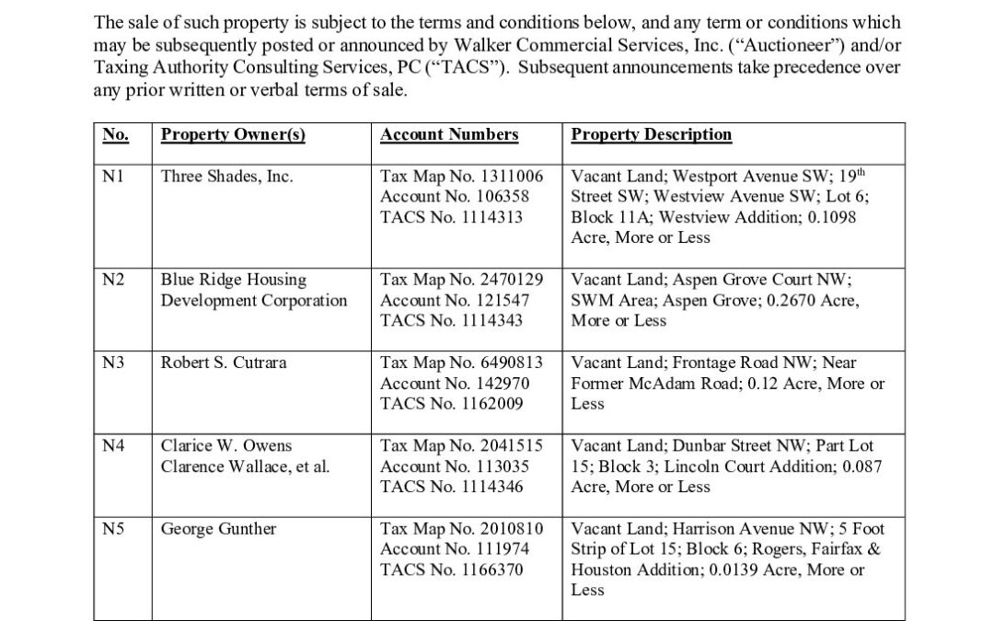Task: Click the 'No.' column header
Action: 115,135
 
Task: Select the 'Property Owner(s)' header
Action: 233,135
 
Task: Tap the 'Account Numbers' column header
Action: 449,135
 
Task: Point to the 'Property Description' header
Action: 652,135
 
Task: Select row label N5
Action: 114,529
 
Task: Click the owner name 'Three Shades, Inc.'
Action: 226,177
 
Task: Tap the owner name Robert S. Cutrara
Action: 224,363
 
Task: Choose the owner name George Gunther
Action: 218,529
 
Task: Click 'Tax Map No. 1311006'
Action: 462,177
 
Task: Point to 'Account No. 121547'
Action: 455,300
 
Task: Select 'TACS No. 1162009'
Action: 452,404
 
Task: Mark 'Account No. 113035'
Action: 455,466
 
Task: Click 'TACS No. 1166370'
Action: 452,569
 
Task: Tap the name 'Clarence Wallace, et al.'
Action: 245,466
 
